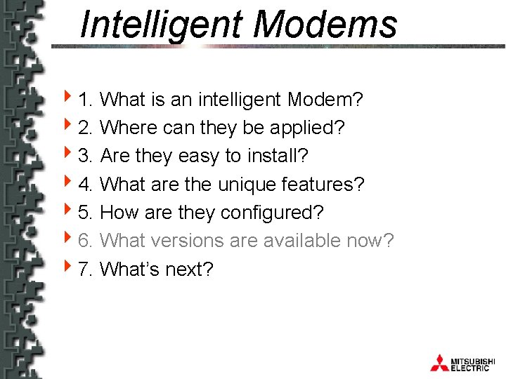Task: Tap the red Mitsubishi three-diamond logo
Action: coord(439,363)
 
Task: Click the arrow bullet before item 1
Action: coord(67,99)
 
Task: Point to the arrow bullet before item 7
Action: coord(67,267)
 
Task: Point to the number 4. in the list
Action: coord(86,185)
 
